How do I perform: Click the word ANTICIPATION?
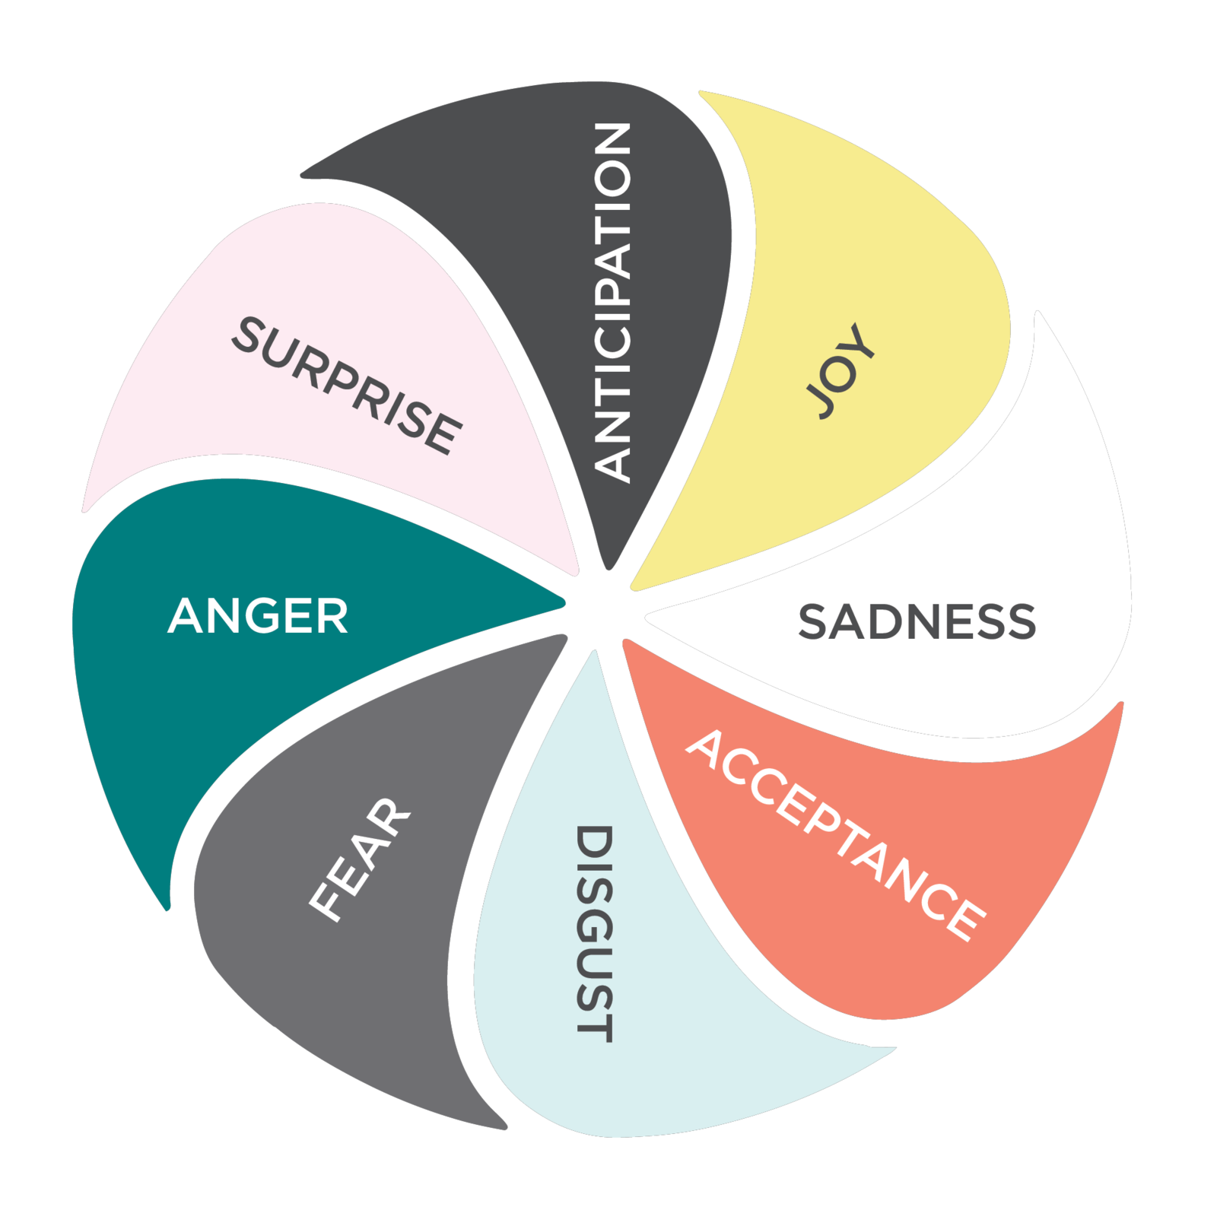point(612,302)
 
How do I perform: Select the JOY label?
point(840,371)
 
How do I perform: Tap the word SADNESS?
point(917,621)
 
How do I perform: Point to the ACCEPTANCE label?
point(835,835)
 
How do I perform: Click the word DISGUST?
point(594,933)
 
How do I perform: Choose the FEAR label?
point(360,859)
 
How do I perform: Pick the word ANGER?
point(258,616)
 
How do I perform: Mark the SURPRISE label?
point(346,386)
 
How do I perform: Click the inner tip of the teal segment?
point(559,603)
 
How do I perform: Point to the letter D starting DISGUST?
point(594,841)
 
